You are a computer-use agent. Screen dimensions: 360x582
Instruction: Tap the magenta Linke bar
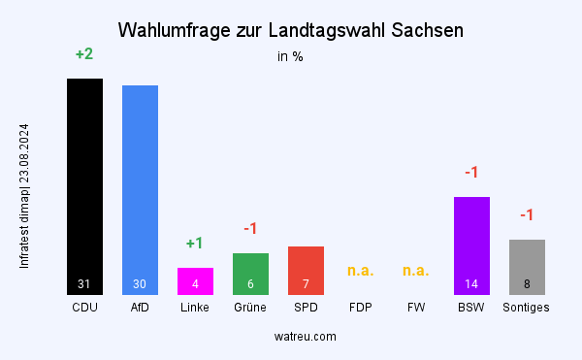point(195,276)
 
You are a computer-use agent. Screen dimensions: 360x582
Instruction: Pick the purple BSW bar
point(471,238)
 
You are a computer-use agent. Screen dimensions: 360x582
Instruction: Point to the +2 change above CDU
point(84,54)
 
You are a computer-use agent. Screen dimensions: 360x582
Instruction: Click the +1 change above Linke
point(195,243)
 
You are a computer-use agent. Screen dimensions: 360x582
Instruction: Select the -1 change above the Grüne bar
point(250,228)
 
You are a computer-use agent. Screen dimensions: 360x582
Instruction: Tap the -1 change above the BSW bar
point(471,173)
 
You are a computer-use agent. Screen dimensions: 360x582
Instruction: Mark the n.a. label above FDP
point(361,271)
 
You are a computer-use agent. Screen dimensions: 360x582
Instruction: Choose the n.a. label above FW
point(416,271)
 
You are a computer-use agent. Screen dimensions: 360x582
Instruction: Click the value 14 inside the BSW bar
point(471,284)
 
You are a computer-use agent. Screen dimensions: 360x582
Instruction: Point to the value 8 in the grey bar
point(527,284)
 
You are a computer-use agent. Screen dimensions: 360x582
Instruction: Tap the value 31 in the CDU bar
point(84,284)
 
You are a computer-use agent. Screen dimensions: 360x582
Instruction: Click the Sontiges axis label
point(527,308)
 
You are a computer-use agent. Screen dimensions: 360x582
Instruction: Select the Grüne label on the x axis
point(250,308)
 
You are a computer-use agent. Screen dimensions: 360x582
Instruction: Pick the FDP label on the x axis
point(361,308)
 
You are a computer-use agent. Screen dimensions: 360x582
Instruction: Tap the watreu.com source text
point(306,336)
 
